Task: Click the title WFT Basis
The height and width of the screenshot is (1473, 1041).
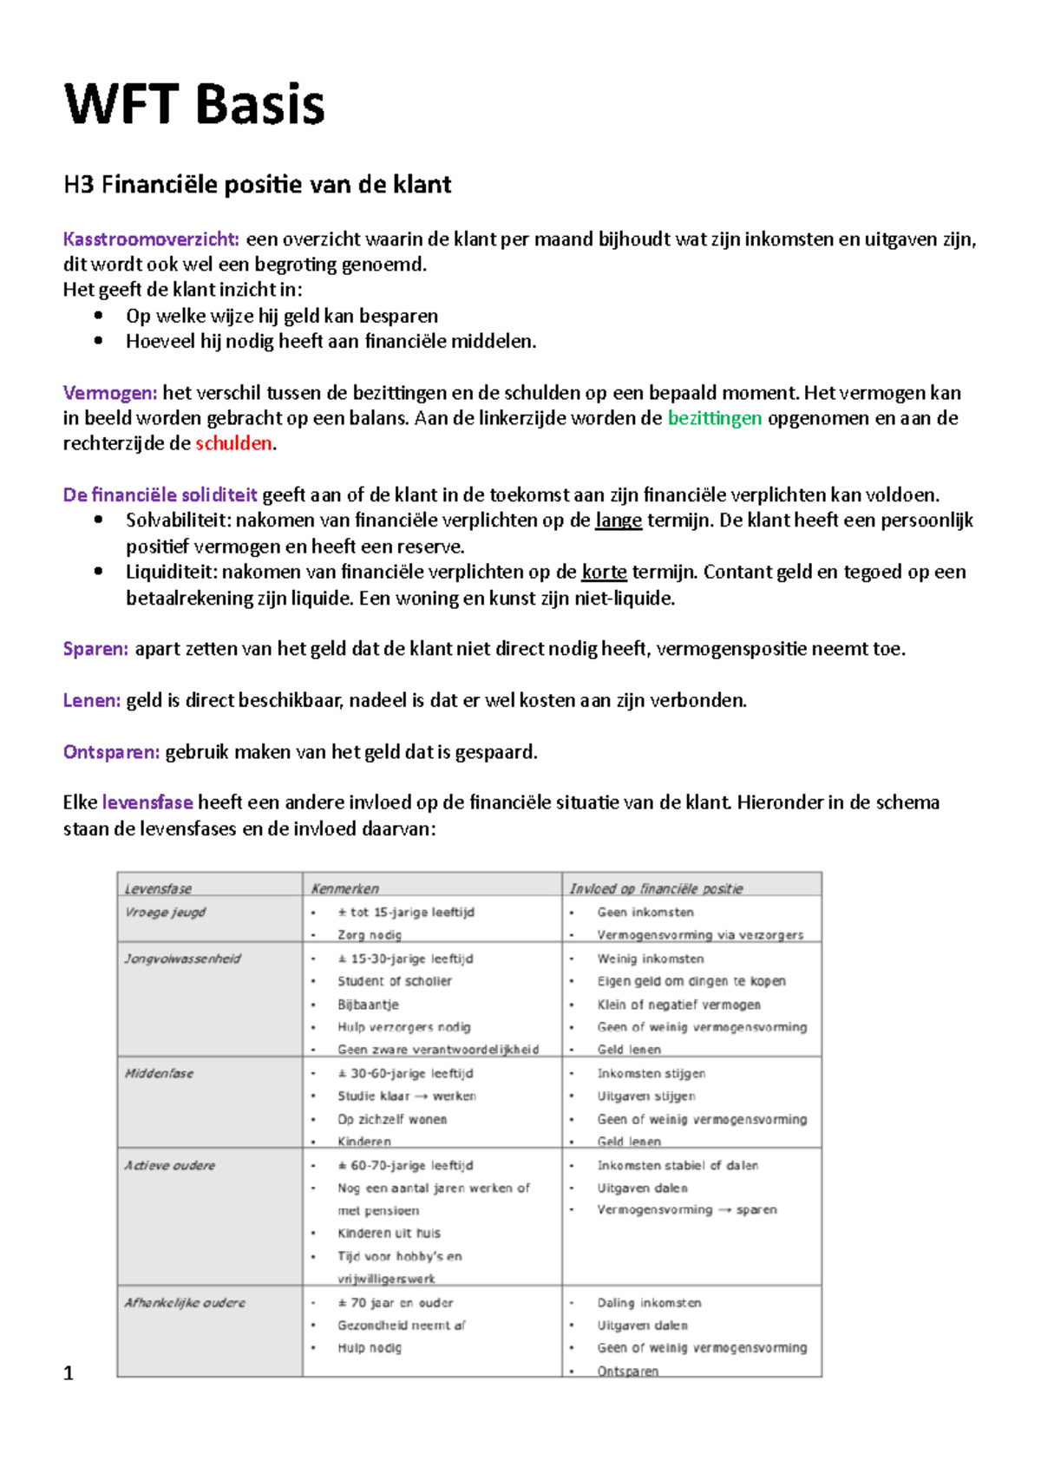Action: [194, 105]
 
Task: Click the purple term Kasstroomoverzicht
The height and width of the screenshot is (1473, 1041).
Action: [150, 239]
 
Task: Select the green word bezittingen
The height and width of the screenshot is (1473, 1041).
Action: [714, 418]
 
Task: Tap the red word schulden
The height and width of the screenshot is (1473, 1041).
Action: [233, 443]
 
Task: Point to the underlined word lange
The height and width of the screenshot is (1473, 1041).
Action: [618, 520]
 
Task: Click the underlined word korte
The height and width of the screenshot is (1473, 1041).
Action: [604, 572]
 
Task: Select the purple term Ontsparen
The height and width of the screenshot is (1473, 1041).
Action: [111, 752]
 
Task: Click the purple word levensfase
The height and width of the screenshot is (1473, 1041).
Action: [147, 802]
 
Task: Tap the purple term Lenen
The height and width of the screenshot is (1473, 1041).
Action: [91, 701]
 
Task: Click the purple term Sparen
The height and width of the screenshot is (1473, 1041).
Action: [95, 649]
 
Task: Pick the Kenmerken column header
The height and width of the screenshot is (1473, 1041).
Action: [344, 888]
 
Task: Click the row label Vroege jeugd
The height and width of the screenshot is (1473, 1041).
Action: [165, 912]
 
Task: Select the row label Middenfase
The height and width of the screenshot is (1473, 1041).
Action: [159, 1073]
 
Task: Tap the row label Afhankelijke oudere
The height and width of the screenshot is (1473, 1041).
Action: [184, 1302]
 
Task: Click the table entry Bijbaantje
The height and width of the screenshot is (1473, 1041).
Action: [368, 1005]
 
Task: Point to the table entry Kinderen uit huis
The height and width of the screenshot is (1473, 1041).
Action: [389, 1233]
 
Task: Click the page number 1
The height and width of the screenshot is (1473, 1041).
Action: [69, 1373]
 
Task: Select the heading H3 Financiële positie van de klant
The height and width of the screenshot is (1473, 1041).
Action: [257, 185]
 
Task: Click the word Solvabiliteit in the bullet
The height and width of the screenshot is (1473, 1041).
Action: [177, 520]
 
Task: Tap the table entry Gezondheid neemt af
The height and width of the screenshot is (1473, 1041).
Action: [401, 1325]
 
